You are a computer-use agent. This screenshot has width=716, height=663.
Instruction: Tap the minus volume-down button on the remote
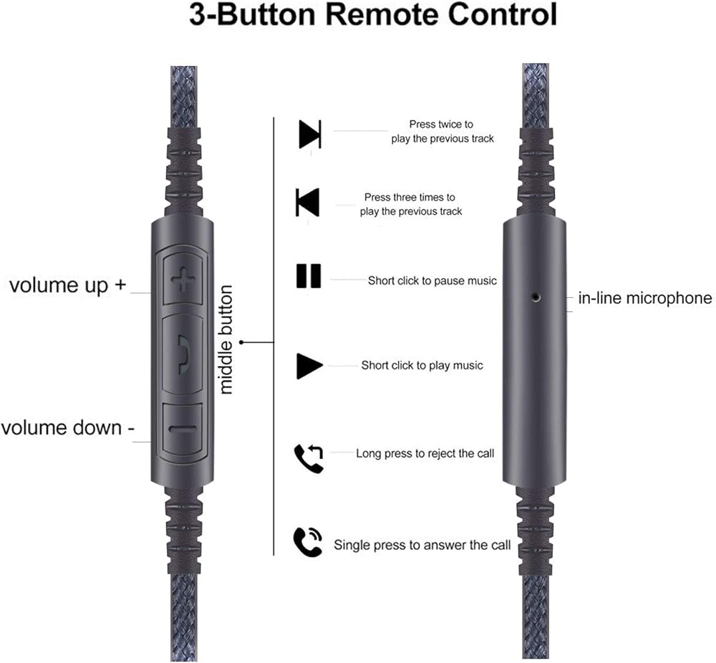[x=183, y=429]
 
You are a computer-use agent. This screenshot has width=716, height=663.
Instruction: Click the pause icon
[x=309, y=276]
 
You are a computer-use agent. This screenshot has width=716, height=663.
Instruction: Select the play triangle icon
[x=309, y=366]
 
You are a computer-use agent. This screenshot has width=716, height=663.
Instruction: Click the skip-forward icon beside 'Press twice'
[x=309, y=134]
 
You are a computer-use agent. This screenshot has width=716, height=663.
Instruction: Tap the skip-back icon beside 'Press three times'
[x=308, y=202]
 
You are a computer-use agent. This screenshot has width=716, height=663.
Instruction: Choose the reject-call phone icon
[x=309, y=458]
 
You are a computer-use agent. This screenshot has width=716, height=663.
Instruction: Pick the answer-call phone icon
[x=308, y=542]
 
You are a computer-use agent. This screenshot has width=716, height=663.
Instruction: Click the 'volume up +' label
[x=68, y=285]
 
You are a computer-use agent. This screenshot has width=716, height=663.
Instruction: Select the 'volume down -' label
[x=67, y=428]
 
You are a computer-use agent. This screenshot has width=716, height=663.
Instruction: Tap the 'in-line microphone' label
[x=645, y=298]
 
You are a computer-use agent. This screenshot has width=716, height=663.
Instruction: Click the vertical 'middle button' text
[x=226, y=339]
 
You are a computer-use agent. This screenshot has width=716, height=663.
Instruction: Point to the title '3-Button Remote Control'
[x=372, y=14]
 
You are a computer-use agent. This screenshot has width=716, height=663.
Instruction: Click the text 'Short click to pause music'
[x=432, y=281]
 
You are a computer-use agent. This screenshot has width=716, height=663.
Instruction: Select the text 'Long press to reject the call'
[x=425, y=453]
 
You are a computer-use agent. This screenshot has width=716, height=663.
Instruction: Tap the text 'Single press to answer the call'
[x=422, y=545]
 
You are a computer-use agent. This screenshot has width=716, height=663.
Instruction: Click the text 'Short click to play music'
[x=422, y=365]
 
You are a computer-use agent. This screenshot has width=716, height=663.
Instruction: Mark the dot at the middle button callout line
[x=242, y=342]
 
